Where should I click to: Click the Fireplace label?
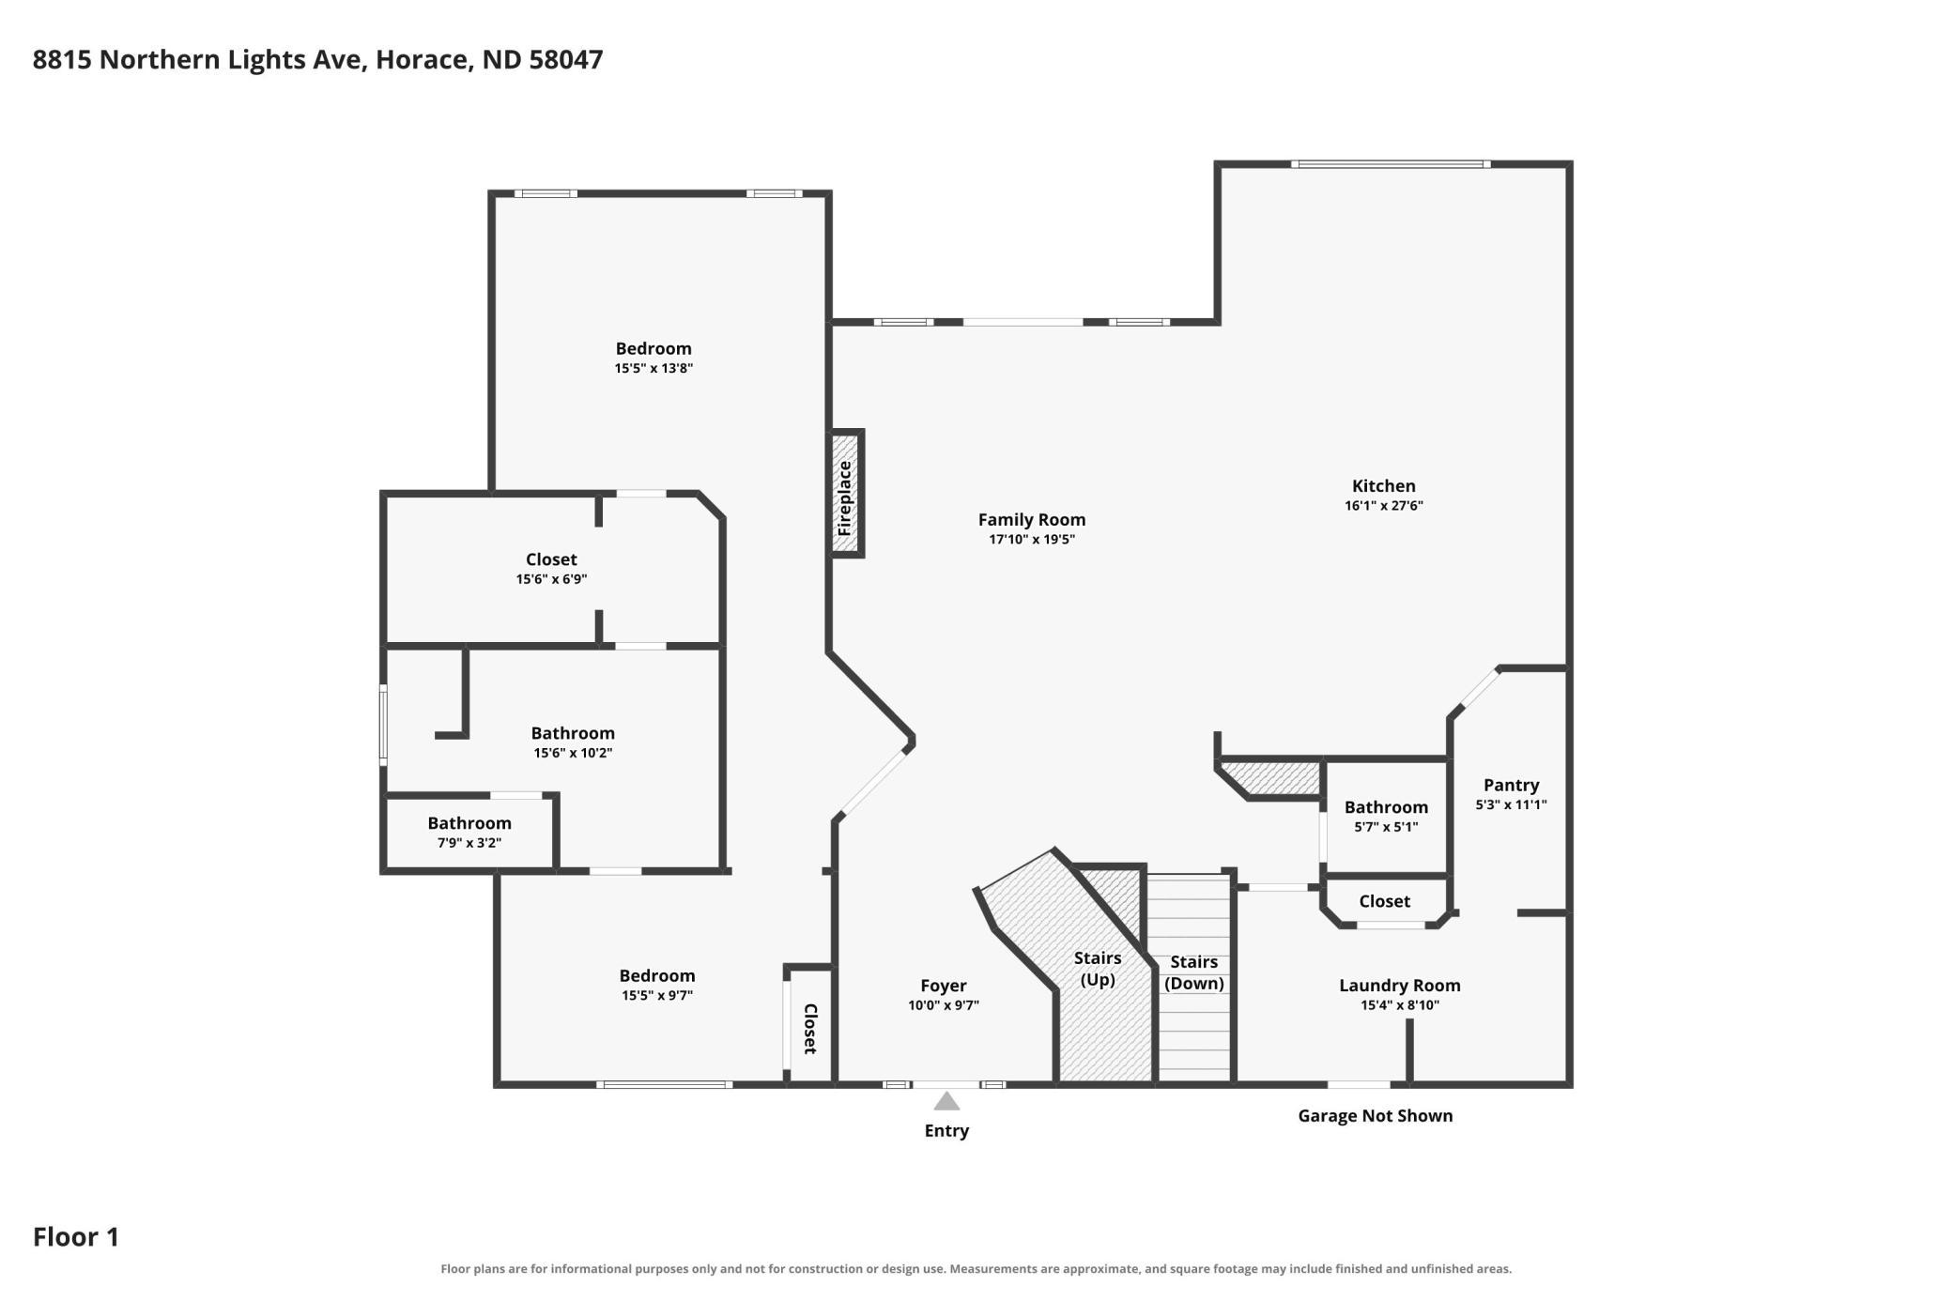pos(845,498)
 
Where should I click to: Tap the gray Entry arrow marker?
pos(946,1101)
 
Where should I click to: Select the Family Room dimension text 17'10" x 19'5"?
pos(1032,540)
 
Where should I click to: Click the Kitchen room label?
pos(1384,485)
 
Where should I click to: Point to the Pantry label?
pos(1511,785)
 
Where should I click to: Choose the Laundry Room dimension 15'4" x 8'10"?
pos(1400,1005)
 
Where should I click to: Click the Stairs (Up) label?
pos(1098,969)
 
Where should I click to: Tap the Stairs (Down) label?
pos(1194,972)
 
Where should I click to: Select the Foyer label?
pos(944,985)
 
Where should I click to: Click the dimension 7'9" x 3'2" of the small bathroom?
pos(469,843)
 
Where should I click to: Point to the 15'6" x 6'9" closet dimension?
pos(551,579)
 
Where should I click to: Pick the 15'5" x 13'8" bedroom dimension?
pos(654,368)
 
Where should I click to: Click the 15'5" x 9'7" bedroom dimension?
pos(657,995)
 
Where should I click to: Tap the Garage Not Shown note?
pos(1376,1115)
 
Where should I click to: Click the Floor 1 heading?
pos(76,1236)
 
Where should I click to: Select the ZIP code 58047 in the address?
pos(566,59)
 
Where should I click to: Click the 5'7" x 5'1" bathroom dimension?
pos(1386,827)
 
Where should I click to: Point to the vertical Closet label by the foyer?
pos(810,1029)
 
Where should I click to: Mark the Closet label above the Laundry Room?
pos(1385,901)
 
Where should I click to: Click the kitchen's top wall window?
pos(1391,164)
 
